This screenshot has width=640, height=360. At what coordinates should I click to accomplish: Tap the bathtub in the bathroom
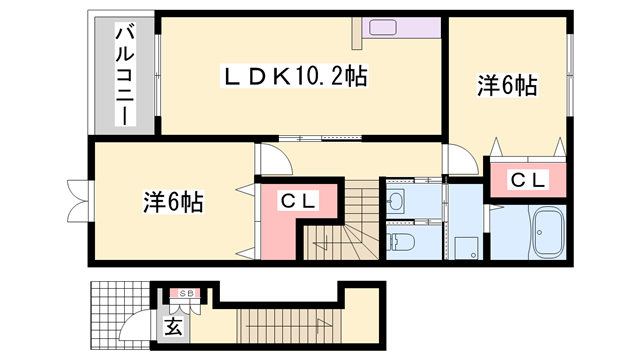pyautogui.click(x=547, y=233)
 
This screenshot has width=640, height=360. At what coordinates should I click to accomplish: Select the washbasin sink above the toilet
pyautogui.click(x=397, y=200)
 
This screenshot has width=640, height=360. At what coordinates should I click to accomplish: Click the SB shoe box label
pyautogui.click(x=185, y=293)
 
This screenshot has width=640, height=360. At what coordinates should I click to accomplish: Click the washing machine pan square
pyautogui.click(x=464, y=245)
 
